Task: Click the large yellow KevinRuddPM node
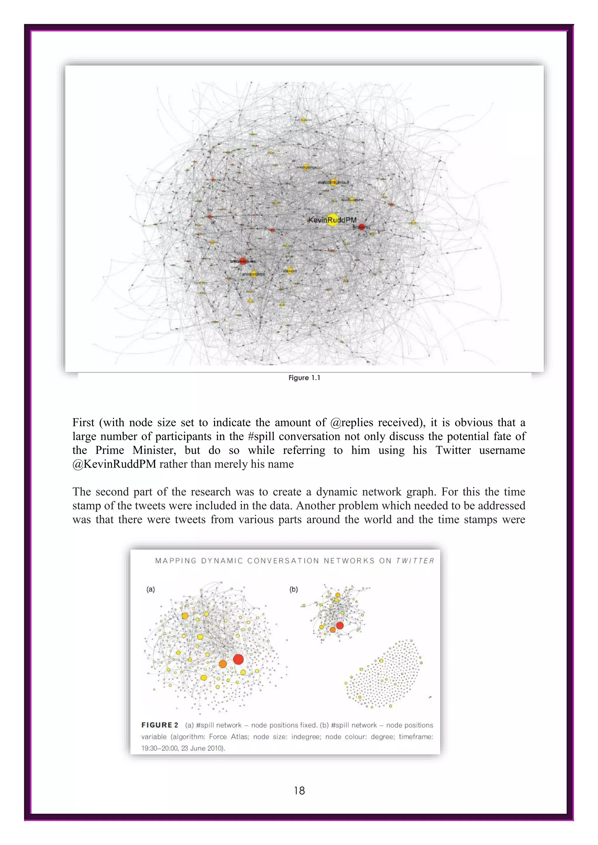pyautogui.click(x=333, y=220)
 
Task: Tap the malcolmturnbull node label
pyautogui.click(x=333, y=182)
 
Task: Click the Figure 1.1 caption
pyautogui.click(x=304, y=378)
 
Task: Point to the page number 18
pyautogui.click(x=299, y=790)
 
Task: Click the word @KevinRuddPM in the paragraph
pyautogui.click(x=114, y=464)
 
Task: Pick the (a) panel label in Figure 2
pyautogui.click(x=151, y=589)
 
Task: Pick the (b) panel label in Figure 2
pyautogui.click(x=293, y=589)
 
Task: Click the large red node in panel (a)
pyautogui.click(x=238, y=659)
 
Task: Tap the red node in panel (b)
pyautogui.click(x=340, y=625)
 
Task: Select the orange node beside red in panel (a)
pyautogui.click(x=223, y=664)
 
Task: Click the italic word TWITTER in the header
pyautogui.click(x=415, y=561)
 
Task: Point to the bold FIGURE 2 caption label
pyautogui.click(x=160, y=725)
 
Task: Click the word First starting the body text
pyautogui.click(x=84, y=423)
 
